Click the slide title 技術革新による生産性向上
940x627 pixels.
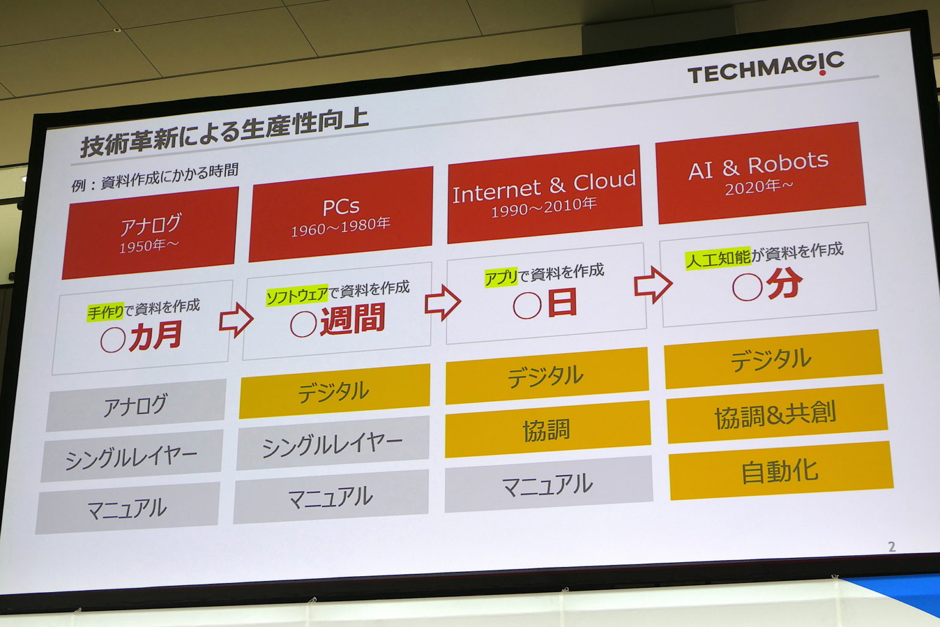click(x=224, y=132)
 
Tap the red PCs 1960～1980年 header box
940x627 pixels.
click(x=340, y=215)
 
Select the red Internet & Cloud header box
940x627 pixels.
click(x=544, y=193)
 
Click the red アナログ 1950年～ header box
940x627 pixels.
click(x=150, y=233)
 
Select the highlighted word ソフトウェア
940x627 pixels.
click(x=297, y=296)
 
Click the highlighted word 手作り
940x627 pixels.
click(x=105, y=312)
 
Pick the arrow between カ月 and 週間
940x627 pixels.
click(x=236, y=320)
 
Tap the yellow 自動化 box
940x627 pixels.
click(x=780, y=471)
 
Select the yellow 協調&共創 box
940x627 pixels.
click(x=775, y=414)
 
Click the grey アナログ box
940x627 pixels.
click(x=136, y=405)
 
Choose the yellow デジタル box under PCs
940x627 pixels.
click(x=334, y=391)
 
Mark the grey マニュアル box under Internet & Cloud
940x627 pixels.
click(x=548, y=485)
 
